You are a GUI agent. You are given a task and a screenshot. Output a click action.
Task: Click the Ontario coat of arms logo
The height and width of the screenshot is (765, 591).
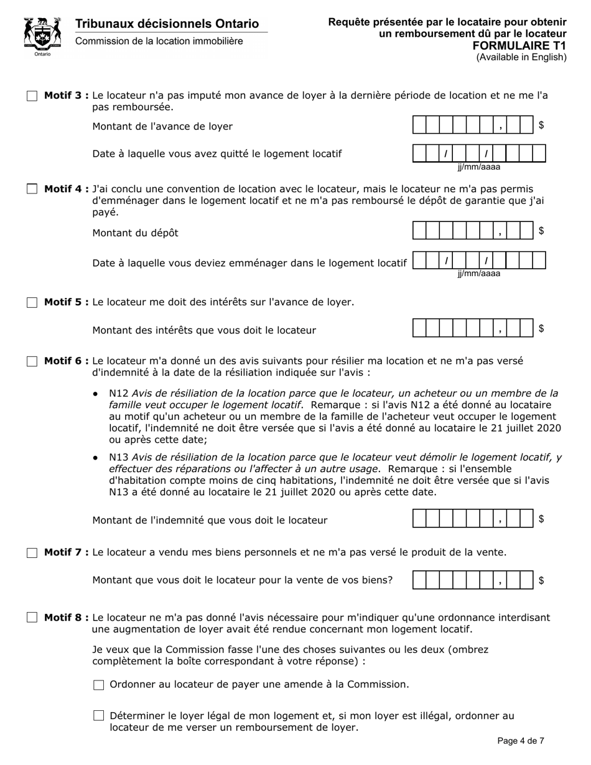42,36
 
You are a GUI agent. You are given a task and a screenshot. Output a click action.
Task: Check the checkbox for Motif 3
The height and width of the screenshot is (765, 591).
32,96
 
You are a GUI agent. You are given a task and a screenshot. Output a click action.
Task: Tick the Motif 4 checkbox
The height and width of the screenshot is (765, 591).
32,189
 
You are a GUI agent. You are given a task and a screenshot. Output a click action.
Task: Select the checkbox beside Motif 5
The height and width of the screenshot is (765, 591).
32,303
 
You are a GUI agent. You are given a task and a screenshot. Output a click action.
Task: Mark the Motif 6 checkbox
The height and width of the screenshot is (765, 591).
32,361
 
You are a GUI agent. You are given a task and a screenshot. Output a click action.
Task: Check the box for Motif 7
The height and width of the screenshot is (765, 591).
32,553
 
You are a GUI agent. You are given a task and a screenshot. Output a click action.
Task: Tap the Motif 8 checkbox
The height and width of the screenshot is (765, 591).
32,618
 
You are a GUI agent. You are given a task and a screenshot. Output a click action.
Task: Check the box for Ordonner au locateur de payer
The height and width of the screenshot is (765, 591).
98,685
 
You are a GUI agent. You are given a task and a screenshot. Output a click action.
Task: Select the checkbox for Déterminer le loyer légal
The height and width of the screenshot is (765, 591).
98,716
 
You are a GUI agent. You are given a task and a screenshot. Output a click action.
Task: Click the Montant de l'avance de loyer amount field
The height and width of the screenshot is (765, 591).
473,126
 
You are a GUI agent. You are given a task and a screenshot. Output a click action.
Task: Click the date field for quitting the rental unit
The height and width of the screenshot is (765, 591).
479,154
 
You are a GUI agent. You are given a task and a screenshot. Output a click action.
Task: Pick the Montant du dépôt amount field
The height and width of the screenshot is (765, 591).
473,232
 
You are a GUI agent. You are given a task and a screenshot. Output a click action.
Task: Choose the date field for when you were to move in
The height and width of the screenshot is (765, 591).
479,260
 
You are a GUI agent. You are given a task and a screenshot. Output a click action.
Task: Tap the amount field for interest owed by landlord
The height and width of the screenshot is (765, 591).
473,330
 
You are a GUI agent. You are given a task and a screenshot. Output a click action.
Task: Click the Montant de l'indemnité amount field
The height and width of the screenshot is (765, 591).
473,519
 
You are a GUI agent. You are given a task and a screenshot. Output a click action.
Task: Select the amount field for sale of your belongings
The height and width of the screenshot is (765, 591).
473,580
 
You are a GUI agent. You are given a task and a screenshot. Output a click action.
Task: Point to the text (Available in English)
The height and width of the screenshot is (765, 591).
521,57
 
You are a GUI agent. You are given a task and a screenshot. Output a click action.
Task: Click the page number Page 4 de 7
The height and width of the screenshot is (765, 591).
521,741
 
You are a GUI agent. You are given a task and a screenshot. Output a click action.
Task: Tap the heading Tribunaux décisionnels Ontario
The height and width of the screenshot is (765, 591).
167,24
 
